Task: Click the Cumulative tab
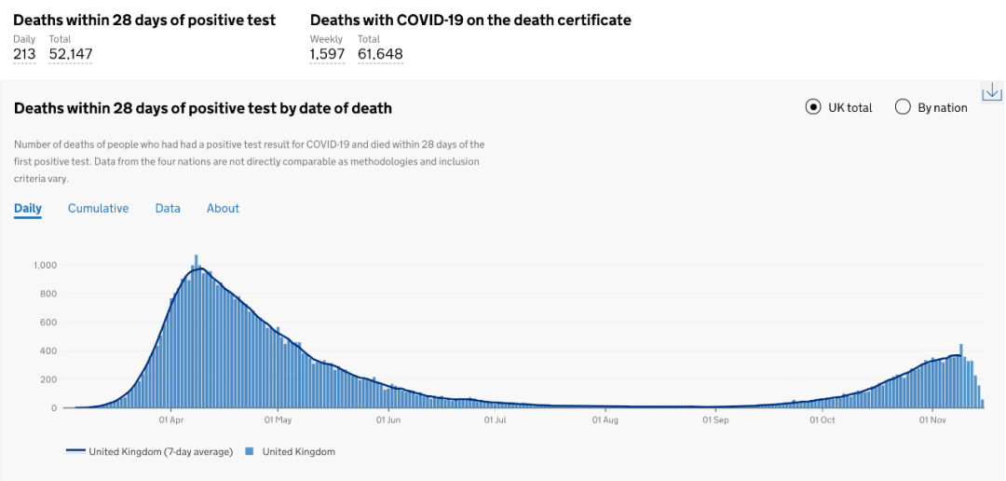(98, 208)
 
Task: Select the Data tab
(168, 208)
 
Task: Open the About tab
(223, 208)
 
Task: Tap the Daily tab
(28, 208)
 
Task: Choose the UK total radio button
(813, 107)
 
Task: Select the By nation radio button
(903, 107)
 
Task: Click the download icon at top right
(992, 91)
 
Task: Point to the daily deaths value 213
(24, 54)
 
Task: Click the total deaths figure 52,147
(71, 54)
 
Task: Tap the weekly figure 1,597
(327, 54)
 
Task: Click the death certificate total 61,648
(380, 54)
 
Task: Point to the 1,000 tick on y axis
(46, 265)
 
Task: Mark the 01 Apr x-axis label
(170, 420)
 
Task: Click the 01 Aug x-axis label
(605, 420)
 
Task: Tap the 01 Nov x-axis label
(933, 420)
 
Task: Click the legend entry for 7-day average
(150, 452)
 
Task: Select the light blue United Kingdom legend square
(249, 452)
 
